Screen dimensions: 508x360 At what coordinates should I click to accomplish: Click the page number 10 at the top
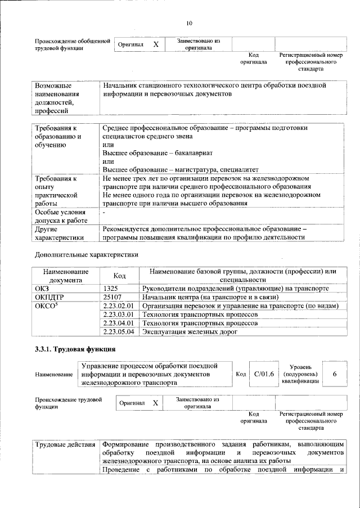[x=189, y=23]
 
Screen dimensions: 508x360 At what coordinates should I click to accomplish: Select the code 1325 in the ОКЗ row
[x=111, y=287]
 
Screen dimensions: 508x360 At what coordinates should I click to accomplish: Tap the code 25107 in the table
[x=112, y=296]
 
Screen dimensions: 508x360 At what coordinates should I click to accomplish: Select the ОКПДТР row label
[x=49, y=296]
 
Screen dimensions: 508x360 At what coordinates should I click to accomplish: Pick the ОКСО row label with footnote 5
[x=47, y=306]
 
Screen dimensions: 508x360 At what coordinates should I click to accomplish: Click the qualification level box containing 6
[x=335, y=374]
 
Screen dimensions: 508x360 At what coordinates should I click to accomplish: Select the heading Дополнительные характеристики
[x=87, y=255]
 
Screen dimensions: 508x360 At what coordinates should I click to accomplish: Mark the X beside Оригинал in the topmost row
[x=156, y=44]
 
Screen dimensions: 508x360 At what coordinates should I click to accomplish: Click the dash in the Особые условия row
[x=104, y=213]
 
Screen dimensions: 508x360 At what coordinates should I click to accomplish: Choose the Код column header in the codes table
[x=119, y=276]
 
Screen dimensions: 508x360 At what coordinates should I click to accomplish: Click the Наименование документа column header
[x=65, y=275]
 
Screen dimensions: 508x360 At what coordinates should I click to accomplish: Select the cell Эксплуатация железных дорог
[x=189, y=332]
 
